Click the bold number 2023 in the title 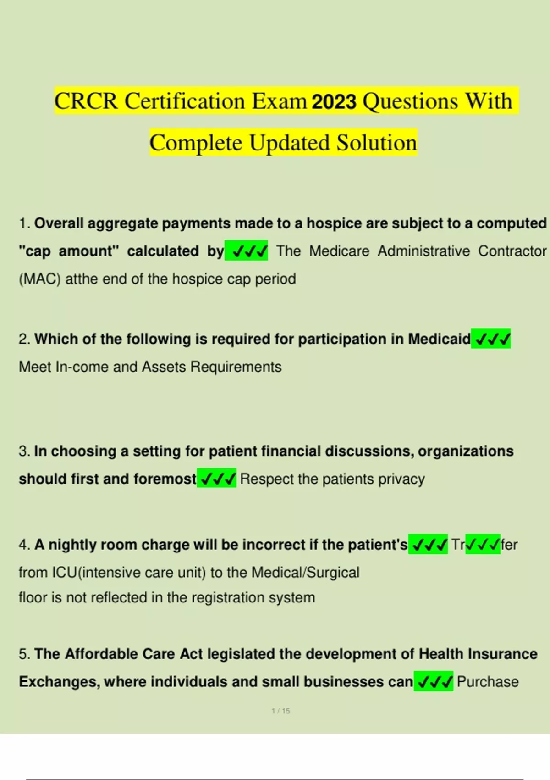(334, 101)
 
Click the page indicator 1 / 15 (280, 711)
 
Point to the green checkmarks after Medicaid (491, 339)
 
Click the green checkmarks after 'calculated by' (247, 251)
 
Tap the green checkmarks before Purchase (434, 682)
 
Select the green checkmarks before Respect (217, 479)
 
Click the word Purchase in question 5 (488, 682)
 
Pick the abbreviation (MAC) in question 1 (40, 279)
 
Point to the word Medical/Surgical (305, 573)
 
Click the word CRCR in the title (86, 101)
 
